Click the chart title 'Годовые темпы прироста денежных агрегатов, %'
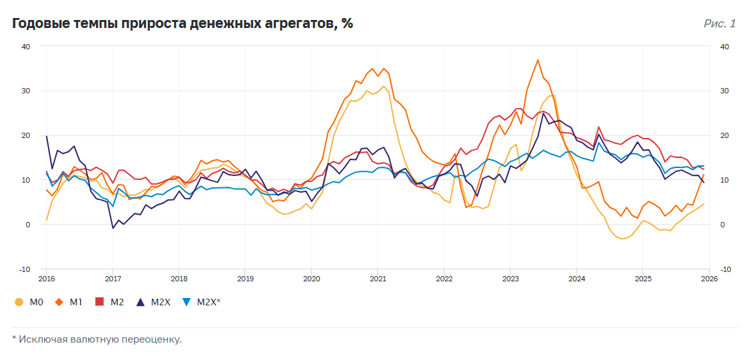coord(182,24)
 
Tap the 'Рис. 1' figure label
coord(719,24)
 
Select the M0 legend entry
coord(29,302)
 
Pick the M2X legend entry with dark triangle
coord(154,302)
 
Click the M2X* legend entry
coord(202,302)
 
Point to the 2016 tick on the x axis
coord(46,279)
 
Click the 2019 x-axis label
coord(245,279)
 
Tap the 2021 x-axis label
coord(378,279)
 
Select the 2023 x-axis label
coord(510,279)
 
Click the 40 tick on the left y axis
coord(25,47)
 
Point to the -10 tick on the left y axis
coord(25,269)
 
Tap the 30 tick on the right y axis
coord(724,91)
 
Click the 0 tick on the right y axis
coord(722,225)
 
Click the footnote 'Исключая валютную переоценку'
coord(100,339)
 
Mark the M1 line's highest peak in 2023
coord(538,60)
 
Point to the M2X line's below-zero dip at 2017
coord(113,228)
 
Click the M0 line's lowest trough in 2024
coord(622,239)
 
